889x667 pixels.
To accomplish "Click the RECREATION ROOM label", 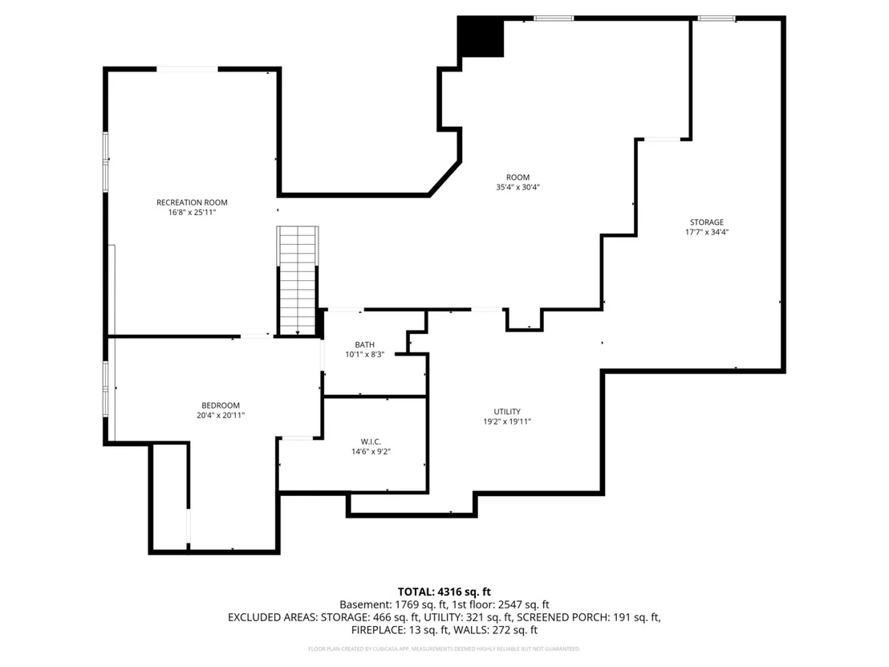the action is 192,202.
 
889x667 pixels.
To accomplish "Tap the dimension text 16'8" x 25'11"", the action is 192,213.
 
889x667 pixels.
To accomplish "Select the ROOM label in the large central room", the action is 518,177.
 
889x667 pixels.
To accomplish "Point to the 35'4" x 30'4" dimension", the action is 518,187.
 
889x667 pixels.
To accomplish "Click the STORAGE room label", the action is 706,222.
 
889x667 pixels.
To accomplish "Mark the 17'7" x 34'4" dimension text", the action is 706,232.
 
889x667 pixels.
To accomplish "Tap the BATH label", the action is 364,345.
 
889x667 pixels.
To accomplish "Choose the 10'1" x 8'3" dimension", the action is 364,355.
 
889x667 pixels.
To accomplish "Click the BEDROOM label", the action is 221,405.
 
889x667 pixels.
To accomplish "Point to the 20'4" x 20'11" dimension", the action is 221,415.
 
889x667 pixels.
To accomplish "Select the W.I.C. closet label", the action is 371,441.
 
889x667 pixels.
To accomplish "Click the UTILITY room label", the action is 507,412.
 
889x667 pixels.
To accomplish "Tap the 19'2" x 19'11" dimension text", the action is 507,421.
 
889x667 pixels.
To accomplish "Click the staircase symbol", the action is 298,281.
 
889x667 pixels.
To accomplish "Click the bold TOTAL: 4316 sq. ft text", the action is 444,592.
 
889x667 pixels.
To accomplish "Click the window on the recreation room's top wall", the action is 187,69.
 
